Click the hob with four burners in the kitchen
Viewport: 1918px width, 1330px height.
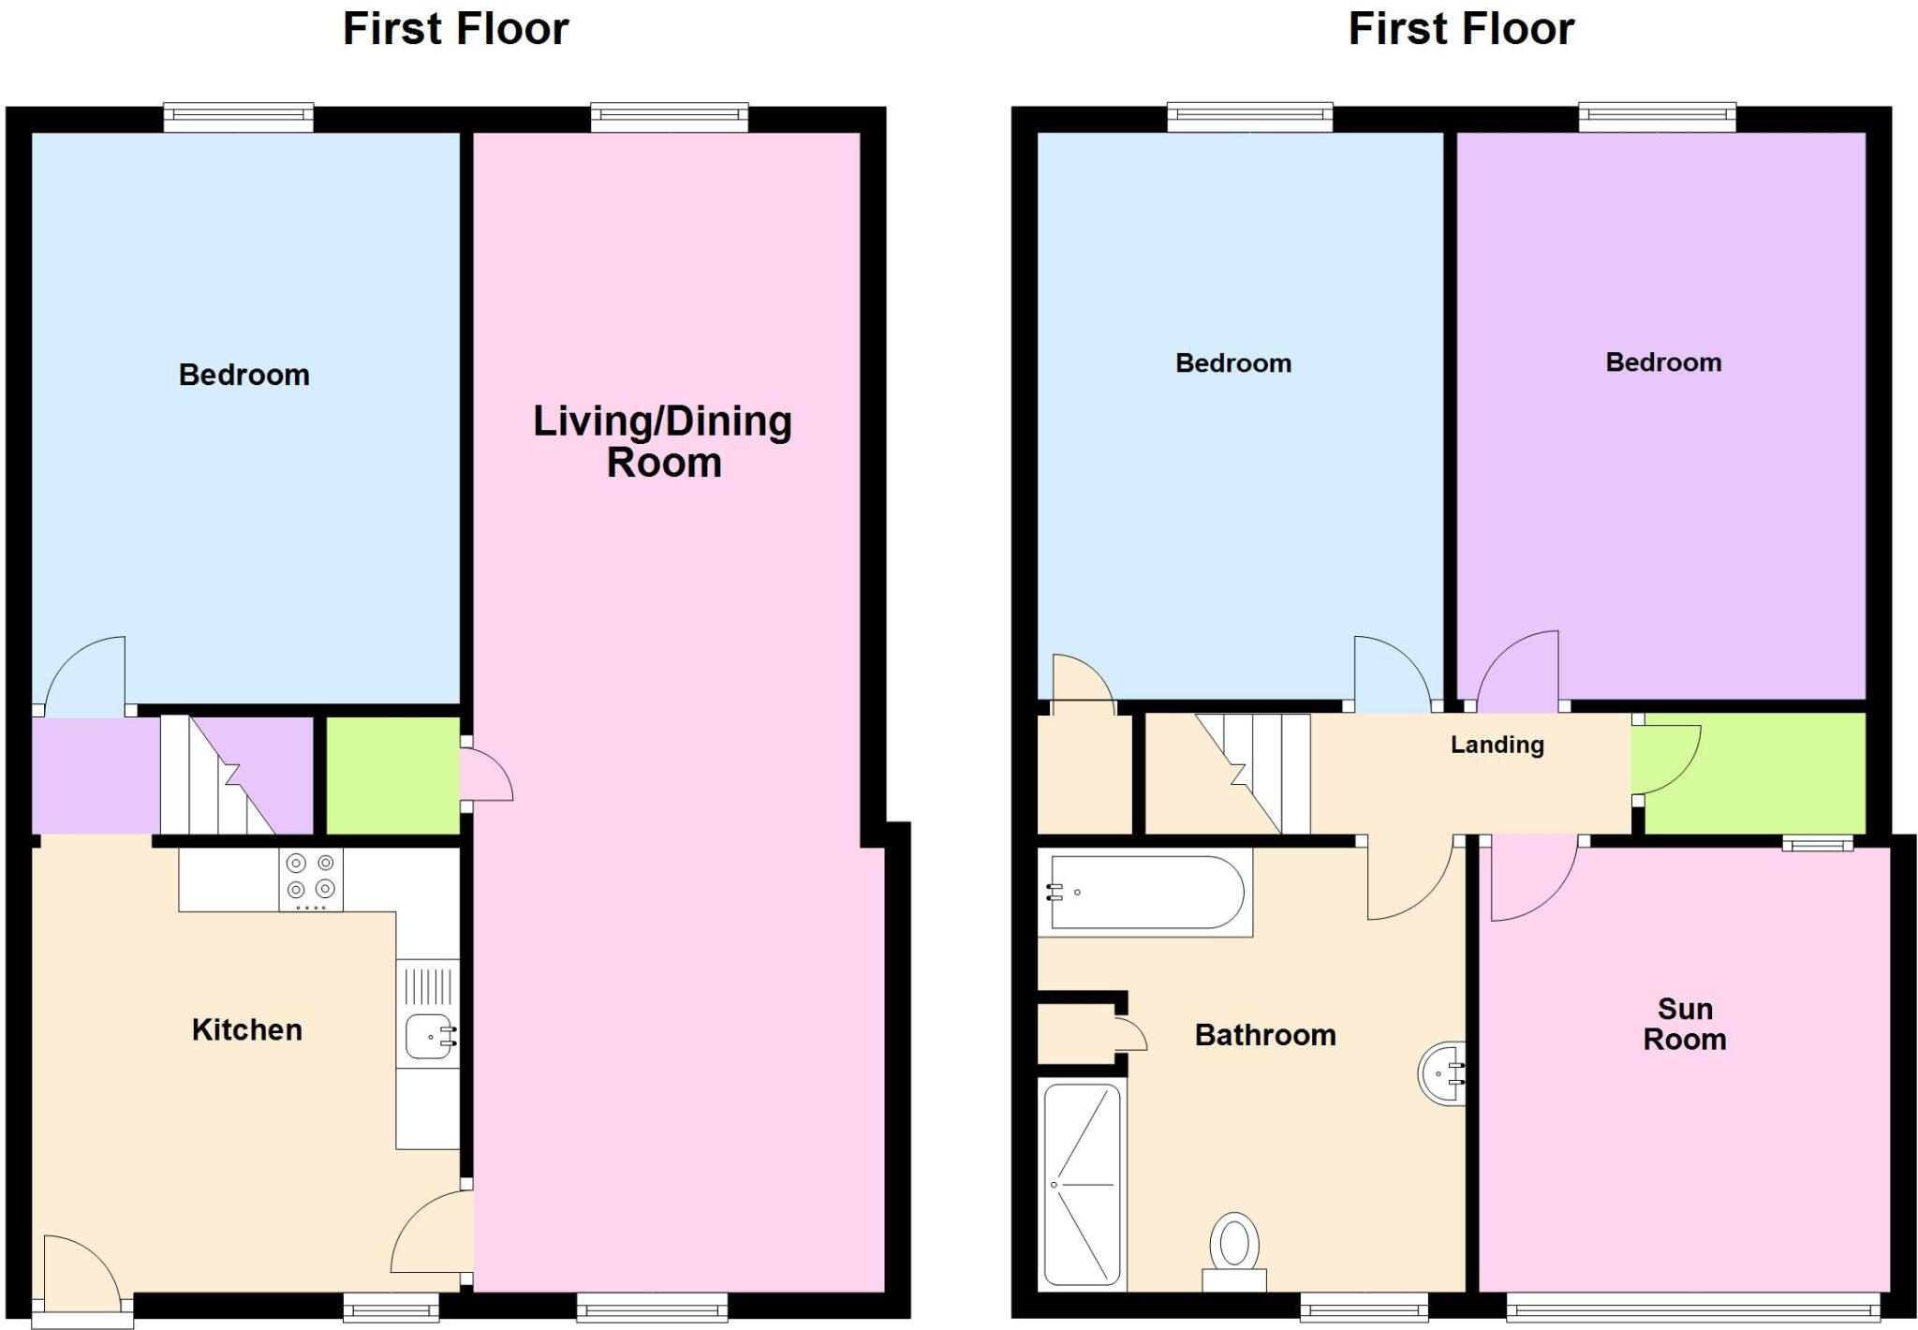(x=311, y=879)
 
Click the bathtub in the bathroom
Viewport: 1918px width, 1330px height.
(x=1145, y=893)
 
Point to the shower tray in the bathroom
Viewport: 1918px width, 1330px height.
(x=1082, y=1185)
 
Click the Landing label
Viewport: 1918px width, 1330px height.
(x=1497, y=745)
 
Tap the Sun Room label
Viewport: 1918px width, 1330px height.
(x=1684, y=1024)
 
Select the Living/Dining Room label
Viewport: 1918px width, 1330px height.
(x=663, y=442)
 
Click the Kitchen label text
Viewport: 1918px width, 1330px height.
(x=247, y=1030)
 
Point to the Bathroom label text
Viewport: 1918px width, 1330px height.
(x=1265, y=1035)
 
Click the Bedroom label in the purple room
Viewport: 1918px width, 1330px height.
(x=1663, y=362)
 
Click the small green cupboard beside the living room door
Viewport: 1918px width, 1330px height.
(x=391, y=775)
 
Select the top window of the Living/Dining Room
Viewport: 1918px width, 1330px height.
(x=670, y=117)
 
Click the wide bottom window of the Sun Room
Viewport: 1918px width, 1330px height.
(x=1692, y=1307)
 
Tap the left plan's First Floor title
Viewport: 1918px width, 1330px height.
(x=455, y=29)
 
